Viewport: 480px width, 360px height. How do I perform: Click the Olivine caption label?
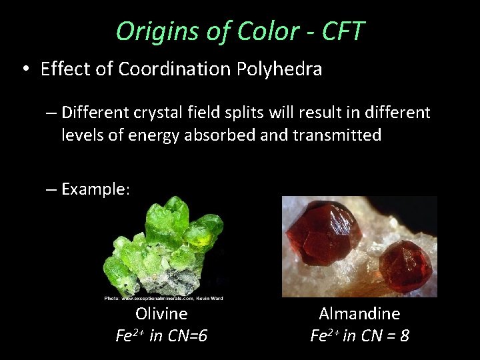161,313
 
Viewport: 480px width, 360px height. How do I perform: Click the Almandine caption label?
359,313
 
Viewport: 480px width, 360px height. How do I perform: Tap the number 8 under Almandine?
404,335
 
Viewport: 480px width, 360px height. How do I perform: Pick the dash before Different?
51,112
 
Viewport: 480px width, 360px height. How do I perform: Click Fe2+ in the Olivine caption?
129,335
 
